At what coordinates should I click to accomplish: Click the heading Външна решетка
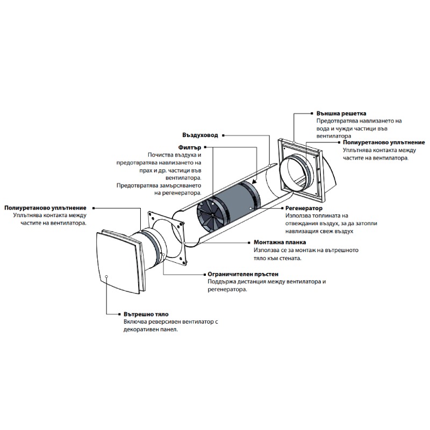coord(341,113)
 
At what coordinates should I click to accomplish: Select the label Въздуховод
coord(200,135)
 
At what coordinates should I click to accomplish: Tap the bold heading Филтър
coord(190,147)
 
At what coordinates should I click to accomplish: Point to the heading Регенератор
coord(304,209)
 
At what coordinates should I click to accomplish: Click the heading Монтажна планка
coord(279,242)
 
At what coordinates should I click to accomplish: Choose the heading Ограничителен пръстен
coord(243,274)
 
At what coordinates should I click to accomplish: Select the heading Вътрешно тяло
coord(146,314)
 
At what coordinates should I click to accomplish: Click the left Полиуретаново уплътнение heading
coord(45,208)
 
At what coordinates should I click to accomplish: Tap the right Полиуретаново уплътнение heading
coord(384,142)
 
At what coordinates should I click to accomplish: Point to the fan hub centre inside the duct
coord(213,217)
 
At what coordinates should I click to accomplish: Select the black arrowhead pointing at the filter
coord(254,181)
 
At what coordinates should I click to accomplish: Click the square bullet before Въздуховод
coord(223,135)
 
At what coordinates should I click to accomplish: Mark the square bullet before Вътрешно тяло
coord(119,314)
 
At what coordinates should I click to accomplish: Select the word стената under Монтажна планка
coord(290,258)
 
